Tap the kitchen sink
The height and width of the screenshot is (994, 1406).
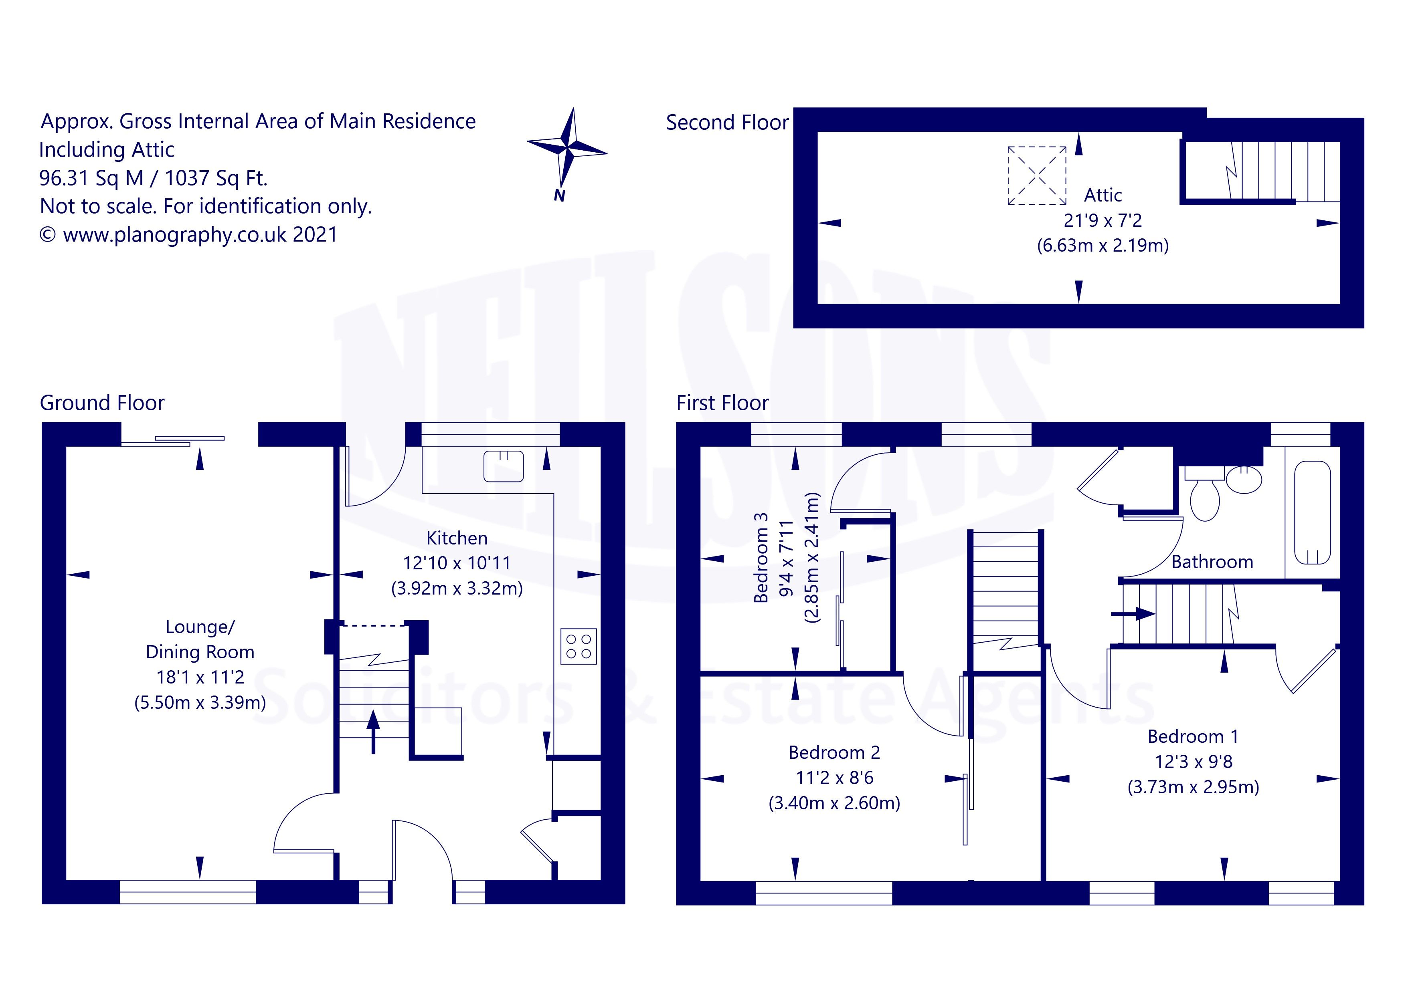(x=504, y=466)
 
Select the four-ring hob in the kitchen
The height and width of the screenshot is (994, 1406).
(x=578, y=646)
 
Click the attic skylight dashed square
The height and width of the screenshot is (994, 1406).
(x=1037, y=175)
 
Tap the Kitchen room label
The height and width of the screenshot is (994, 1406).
(x=457, y=538)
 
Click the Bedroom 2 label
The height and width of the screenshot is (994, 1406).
(x=834, y=752)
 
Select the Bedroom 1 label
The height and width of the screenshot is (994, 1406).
(x=1193, y=736)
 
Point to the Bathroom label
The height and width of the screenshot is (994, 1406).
(x=1212, y=562)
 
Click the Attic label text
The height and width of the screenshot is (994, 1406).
(x=1103, y=195)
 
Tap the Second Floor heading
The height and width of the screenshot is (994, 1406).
(x=727, y=123)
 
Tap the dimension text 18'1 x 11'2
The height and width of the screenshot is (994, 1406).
(x=200, y=677)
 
